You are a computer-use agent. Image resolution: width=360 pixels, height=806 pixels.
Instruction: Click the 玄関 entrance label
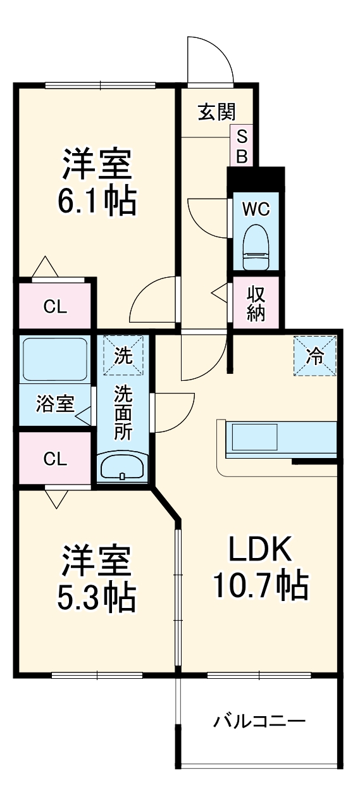[x=217, y=112]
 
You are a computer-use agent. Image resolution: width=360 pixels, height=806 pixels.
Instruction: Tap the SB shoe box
[x=242, y=146]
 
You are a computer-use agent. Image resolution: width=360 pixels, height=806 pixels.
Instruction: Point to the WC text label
[x=256, y=209]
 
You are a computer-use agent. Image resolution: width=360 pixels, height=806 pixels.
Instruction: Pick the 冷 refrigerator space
[x=314, y=356]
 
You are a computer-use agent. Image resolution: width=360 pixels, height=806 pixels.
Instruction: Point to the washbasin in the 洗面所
[x=123, y=468]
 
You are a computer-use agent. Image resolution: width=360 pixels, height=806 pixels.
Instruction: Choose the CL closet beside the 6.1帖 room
[x=54, y=307]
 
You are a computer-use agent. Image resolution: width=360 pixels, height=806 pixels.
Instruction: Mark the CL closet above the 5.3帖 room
[x=54, y=459]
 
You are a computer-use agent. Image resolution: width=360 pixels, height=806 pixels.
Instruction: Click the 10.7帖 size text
[x=259, y=585]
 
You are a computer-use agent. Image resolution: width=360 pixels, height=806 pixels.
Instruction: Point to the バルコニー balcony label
[x=259, y=721]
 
